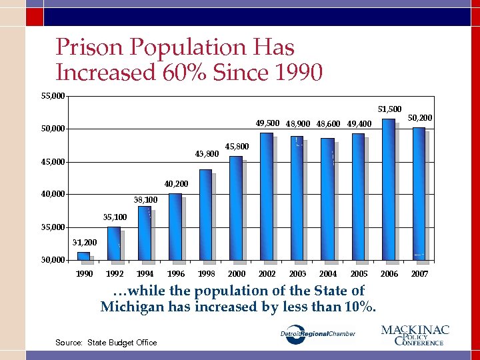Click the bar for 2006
coord(388,189)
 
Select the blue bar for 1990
coord(83,255)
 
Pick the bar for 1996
coord(175,227)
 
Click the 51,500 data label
coord(389,109)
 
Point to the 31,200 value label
coord(84,243)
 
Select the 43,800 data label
coord(207,154)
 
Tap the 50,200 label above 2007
coord(420,118)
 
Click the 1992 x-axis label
coord(115,274)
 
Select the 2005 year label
coord(359,274)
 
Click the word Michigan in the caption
coord(134,307)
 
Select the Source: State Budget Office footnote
coord(107,343)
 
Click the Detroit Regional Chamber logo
coord(317,334)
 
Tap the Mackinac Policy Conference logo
coord(415,335)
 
